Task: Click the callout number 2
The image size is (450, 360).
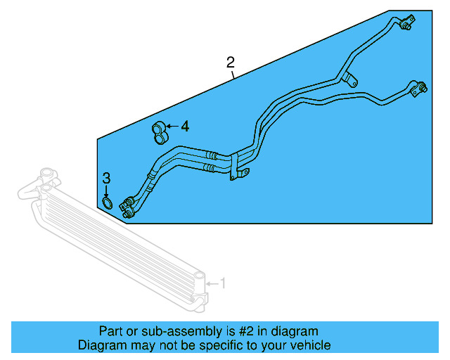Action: (231, 62)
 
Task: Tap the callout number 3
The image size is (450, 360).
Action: (106, 178)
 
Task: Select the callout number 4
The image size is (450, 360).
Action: (185, 127)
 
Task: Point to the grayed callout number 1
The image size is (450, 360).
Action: (223, 283)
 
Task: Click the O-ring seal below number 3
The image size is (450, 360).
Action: (107, 203)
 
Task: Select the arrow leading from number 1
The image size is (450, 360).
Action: (212, 283)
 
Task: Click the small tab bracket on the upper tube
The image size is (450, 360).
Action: (349, 79)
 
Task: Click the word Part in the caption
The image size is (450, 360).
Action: (111, 331)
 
